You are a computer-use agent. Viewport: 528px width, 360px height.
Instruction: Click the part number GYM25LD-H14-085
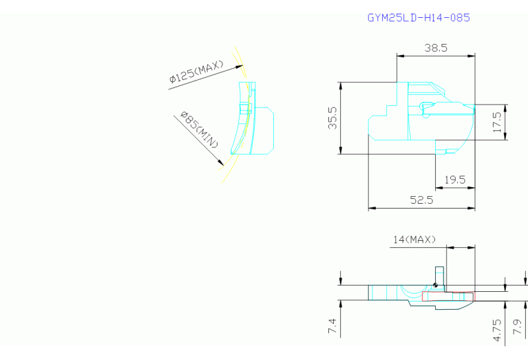(x=419, y=17)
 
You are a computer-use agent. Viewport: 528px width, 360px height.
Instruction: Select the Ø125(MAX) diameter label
(x=196, y=72)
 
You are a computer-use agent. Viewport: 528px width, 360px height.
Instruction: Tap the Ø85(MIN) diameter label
(x=200, y=129)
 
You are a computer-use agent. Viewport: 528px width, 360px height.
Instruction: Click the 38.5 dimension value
(x=436, y=47)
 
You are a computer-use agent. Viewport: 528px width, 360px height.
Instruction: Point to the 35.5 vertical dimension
(x=332, y=118)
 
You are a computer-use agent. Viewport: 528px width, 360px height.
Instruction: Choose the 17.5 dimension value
(x=497, y=122)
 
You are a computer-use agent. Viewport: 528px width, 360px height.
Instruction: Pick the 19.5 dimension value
(x=455, y=180)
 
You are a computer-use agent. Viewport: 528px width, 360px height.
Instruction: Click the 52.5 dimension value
(x=421, y=200)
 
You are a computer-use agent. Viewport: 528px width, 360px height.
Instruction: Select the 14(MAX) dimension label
(x=414, y=240)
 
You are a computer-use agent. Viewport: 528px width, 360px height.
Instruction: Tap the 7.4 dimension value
(x=332, y=326)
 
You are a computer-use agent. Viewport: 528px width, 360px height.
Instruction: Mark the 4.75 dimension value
(x=497, y=330)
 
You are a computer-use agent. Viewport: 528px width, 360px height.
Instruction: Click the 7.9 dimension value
(x=518, y=326)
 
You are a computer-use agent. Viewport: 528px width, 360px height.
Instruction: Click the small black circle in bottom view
(x=435, y=285)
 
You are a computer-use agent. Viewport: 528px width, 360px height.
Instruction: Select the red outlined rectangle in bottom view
(x=448, y=297)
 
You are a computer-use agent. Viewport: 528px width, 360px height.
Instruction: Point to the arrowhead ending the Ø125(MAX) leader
(x=239, y=67)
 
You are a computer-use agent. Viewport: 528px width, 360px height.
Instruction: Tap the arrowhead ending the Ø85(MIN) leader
(x=221, y=162)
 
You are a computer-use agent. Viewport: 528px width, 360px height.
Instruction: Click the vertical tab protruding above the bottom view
(x=439, y=276)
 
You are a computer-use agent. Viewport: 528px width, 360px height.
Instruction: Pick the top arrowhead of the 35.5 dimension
(x=341, y=86)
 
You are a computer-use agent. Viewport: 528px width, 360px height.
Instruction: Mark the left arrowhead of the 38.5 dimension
(x=401, y=56)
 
